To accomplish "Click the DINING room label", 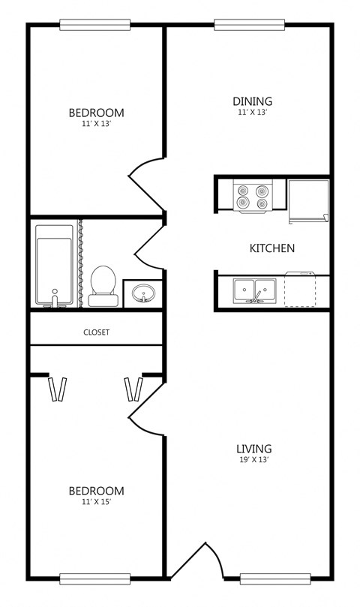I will point(252,101).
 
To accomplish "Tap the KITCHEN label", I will point(271,248).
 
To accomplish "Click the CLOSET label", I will point(97,332).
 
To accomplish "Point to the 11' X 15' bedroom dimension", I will point(96,502).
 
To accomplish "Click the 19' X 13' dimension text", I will point(252,460).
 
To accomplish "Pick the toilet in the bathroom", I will point(103,285).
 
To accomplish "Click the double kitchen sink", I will point(254,290).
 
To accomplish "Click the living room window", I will point(274,578).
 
